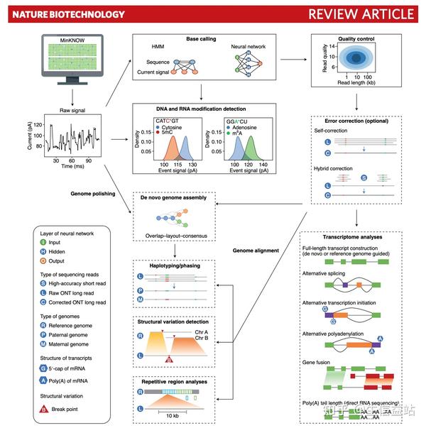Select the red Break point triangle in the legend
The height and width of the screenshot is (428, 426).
pyautogui.click(x=43, y=409)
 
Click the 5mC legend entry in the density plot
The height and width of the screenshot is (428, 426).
pyautogui.click(x=167, y=131)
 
